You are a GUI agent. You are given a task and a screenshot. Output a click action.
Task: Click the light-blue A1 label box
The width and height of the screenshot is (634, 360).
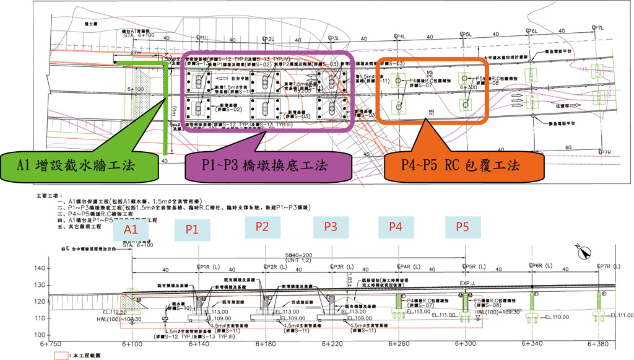[x=131, y=229]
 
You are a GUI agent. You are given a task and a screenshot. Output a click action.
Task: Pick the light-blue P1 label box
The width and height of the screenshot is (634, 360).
[x=193, y=229]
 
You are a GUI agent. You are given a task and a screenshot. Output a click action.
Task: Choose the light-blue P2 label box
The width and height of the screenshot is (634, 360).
[x=263, y=227]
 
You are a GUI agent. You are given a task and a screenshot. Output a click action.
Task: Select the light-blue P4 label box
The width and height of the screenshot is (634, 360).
[x=396, y=227]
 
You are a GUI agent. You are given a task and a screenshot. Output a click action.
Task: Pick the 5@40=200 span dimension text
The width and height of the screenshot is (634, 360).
[x=299, y=255]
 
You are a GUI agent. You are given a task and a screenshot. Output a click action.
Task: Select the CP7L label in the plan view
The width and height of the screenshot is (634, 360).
[x=597, y=28]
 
